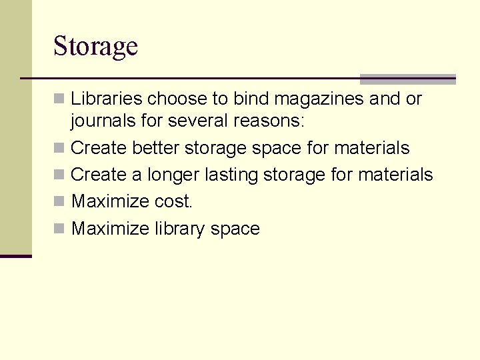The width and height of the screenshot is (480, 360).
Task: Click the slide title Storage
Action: [95, 47]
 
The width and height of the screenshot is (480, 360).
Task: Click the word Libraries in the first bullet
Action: [106, 99]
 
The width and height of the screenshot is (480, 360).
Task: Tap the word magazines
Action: [319, 99]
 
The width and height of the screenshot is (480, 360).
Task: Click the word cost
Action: [173, 201]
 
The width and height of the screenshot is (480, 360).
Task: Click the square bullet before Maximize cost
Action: [59, 201]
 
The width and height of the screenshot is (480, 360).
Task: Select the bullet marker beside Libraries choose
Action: [59, 99]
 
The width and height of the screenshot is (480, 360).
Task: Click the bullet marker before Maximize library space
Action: [59, 229]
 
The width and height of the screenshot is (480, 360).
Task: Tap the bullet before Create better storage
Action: [59, 147]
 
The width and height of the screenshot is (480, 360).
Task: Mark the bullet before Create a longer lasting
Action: [59, 175]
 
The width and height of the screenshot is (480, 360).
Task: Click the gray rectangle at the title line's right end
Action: [407, 79]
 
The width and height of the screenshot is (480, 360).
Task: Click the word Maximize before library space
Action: [110, 229]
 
